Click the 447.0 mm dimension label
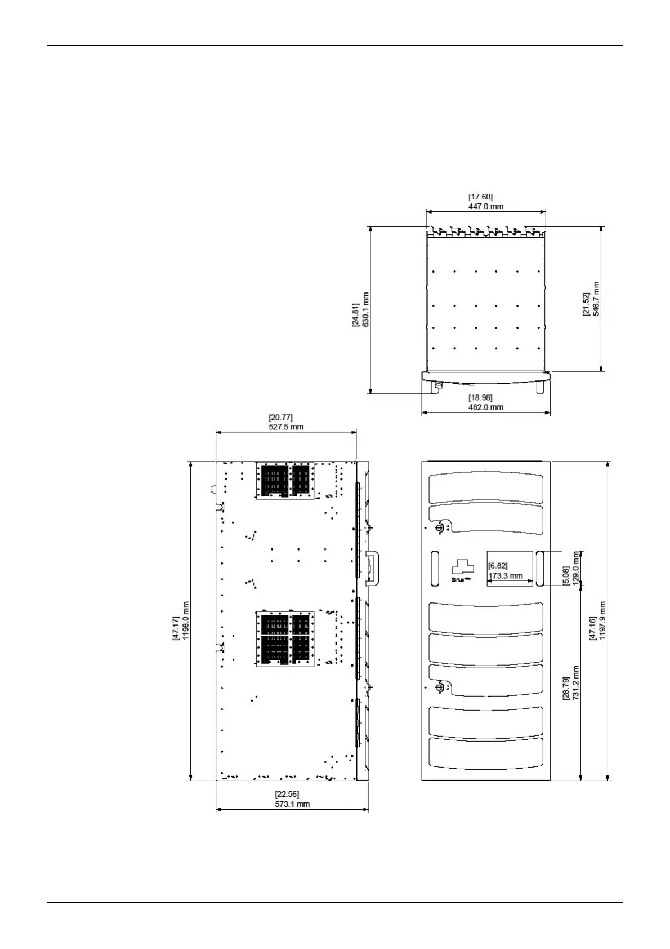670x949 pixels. click(x=485, y=207)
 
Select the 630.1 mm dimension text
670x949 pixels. click(x=366, y=309)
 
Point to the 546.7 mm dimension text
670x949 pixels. click(x=596, y=299)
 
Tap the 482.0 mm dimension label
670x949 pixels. click(x=485, y=407)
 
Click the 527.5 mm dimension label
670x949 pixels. click(x=286, y=427)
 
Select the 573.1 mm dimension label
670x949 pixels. click(x=292, y=804)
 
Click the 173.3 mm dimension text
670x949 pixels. click(x=506, y=576)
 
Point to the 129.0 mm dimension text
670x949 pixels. click(x=575, y=568)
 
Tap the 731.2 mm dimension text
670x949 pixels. click(x=575, y=683)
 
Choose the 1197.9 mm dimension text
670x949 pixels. click(x=602, y=620)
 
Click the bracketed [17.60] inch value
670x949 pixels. click(x=480, y=197)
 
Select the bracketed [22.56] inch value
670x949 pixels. click(x=287, y=795)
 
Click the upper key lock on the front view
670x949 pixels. click(x=439, y=528)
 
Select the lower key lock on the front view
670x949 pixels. click(x=439, y=688)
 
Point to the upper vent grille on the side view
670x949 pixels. click(x=285, y=481)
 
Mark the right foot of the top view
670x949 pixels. click(x=540, y=388)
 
